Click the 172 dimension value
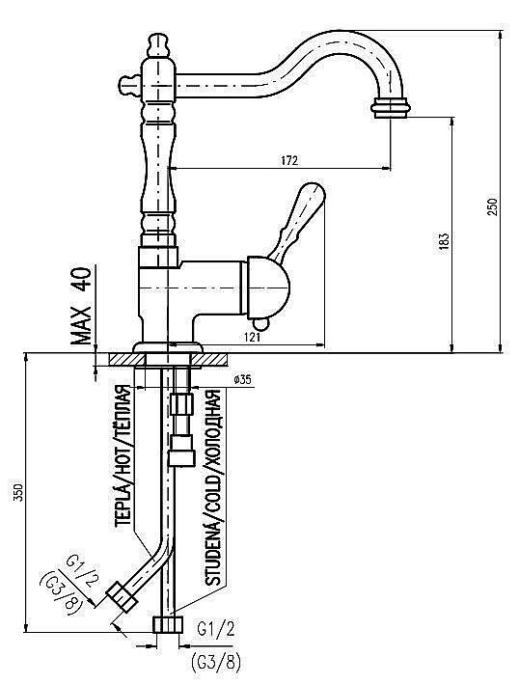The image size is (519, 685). tap(287, 158)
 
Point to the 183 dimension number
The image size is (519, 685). tap(443, 241)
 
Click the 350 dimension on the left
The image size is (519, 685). tap(18, 493)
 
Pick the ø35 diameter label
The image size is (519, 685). tap(242, 380)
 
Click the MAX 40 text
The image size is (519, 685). tap(83, 306)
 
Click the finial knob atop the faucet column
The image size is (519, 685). tap(159, 43)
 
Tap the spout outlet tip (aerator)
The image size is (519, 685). tap(390, 107)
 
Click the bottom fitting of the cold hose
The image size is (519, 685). tap(170, 624)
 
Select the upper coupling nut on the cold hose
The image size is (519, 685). tap(180, 402)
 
